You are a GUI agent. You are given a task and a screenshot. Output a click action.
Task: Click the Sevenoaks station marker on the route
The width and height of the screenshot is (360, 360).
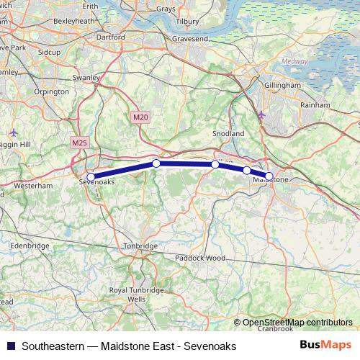coord(91,176)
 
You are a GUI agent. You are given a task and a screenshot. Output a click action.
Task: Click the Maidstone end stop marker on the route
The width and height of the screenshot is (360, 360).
coord(269,176)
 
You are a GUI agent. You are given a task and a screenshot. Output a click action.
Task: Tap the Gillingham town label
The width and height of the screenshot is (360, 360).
coord(283,85)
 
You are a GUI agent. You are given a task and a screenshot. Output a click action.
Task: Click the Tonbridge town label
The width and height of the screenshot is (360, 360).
coord(141,246)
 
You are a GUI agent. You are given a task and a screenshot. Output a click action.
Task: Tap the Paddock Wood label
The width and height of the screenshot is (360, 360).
coord(201,258)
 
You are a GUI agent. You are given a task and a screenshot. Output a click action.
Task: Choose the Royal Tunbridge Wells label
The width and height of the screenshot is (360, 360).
coord(136,294)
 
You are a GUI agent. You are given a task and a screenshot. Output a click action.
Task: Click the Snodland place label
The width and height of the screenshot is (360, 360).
coord(228,134)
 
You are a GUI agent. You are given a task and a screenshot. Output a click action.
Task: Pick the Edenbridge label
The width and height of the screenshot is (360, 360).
coord(30,246)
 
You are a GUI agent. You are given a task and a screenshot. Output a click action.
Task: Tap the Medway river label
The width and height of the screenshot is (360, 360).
coord(294,61)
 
